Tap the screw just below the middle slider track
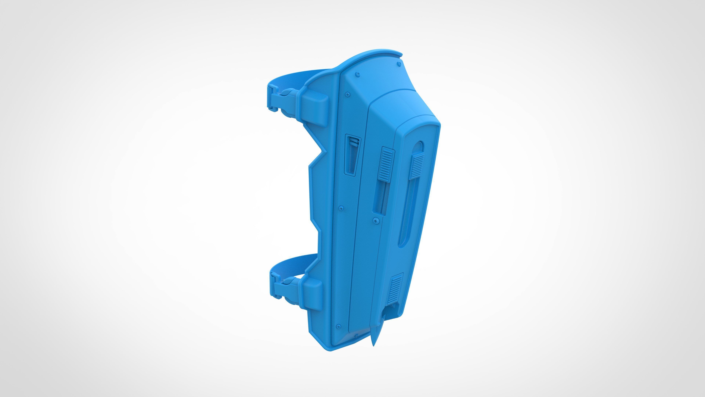376,220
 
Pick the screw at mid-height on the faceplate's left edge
341,208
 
